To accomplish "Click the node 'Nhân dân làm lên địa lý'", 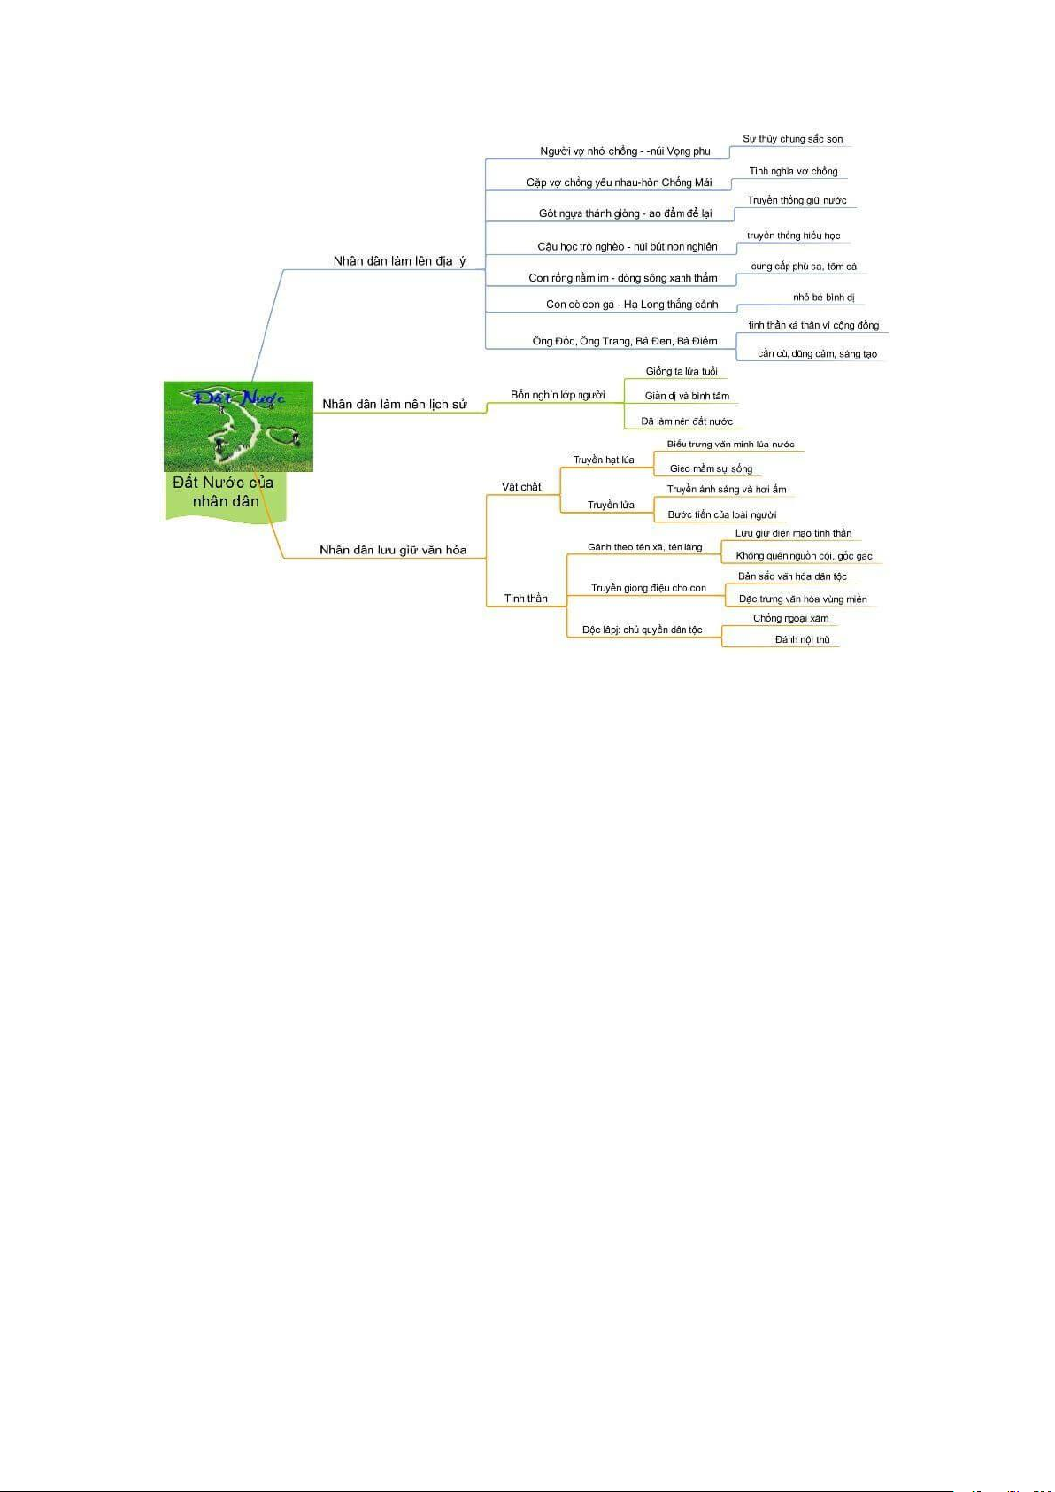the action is (x=399, y=261).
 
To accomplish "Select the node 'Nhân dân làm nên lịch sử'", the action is (x=395, y=405).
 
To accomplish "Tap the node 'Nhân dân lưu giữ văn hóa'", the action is (x=393, y=550).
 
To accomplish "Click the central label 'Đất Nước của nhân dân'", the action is (x=224, y=491).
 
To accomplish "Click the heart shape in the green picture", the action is (x=280, y=436).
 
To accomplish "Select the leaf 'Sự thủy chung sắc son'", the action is (x=793, y=139).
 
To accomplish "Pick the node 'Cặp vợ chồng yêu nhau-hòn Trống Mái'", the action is (x=619, y=182).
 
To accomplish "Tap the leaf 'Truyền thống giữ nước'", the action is (x=797, y=200).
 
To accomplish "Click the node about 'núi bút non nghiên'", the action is (x=627, y=247).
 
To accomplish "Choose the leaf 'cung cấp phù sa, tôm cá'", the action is (x=804, y=267).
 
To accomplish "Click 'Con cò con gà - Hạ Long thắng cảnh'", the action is (x=632, y=305).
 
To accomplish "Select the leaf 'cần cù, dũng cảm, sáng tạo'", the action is (x=818, y=353).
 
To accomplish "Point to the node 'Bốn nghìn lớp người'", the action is (x=558, y=395).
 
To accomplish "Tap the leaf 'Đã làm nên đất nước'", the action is (x=687, y=421).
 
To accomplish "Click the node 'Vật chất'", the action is (x=521, y=487).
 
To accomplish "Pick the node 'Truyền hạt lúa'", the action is (x=604, y=460).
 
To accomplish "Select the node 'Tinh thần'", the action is (x=526, y=599).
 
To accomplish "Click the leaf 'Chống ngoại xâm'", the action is (x=790, y=618).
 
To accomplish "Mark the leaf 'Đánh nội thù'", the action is (x=802, y=639).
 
